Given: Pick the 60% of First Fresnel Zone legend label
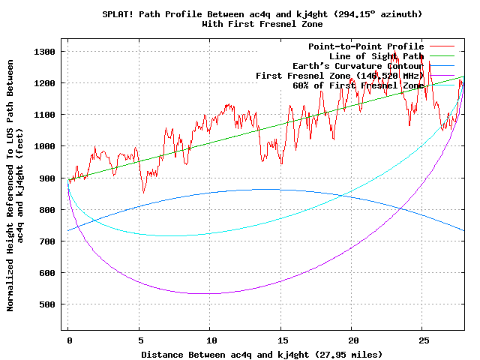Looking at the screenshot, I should pyautogui.click(x=358, y=85).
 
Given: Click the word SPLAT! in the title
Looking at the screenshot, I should pyautogui.click(x=119, y=14).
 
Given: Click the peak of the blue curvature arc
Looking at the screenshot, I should pyautogui.click(x=266, y=189).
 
